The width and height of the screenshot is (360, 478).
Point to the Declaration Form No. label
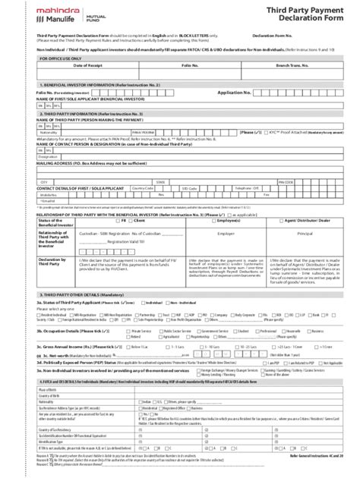pyautogui.click(x=276, y=36)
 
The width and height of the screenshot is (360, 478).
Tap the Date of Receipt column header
pyautogui.click(x=87, y=66)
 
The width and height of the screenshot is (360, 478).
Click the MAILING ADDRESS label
pyautogui.click(x=76, y=162)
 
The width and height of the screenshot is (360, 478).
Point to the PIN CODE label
pyautogui.click(x=286, y=183)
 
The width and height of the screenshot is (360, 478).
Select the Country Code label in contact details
pyautogui.click(x=142, y=189)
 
